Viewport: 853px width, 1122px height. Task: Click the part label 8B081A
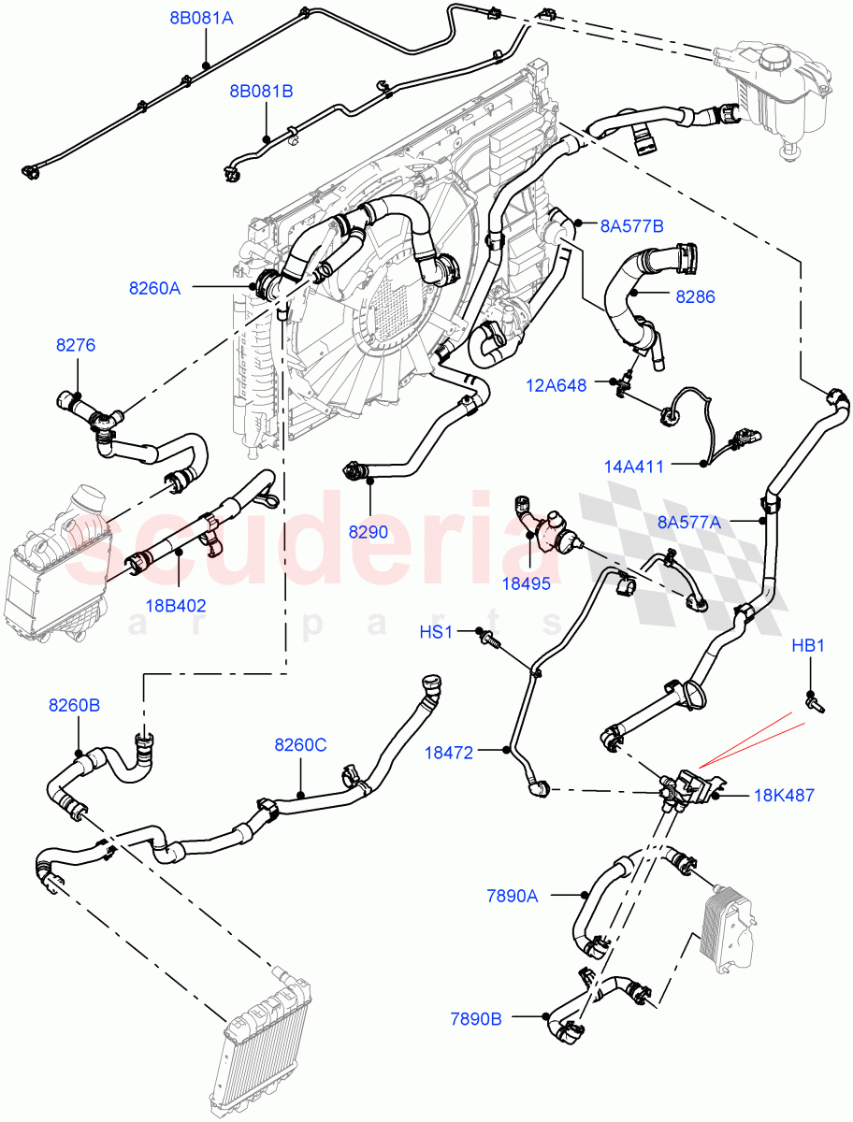[201, 17]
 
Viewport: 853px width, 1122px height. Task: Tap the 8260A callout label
[154, 288]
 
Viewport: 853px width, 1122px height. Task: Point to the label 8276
[76, 345]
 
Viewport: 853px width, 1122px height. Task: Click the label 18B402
[176, 605]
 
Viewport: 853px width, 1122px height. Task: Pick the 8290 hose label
[369, 531]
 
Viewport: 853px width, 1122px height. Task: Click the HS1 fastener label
[436, 632]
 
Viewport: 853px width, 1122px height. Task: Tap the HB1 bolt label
[808, 645]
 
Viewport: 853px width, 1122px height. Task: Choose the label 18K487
[784, 796]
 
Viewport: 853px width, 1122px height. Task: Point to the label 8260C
[300, 744]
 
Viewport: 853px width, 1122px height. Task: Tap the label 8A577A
[689, 523]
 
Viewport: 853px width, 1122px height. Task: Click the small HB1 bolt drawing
[814, 704]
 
